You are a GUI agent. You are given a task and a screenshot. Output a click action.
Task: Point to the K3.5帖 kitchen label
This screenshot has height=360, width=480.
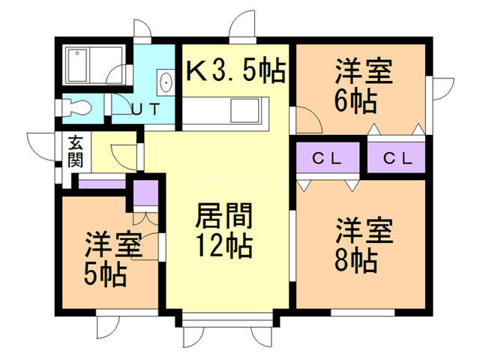(x=235, y=71)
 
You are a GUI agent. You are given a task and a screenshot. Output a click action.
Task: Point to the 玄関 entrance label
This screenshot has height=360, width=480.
(x=76, y=151)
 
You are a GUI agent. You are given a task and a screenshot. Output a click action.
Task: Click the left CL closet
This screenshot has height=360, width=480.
(x=327, y=158)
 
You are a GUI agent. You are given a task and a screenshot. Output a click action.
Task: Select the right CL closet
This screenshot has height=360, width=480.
(x=395, y=158)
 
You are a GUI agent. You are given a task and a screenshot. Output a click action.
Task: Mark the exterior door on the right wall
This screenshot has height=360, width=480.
(x=441, y=88)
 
